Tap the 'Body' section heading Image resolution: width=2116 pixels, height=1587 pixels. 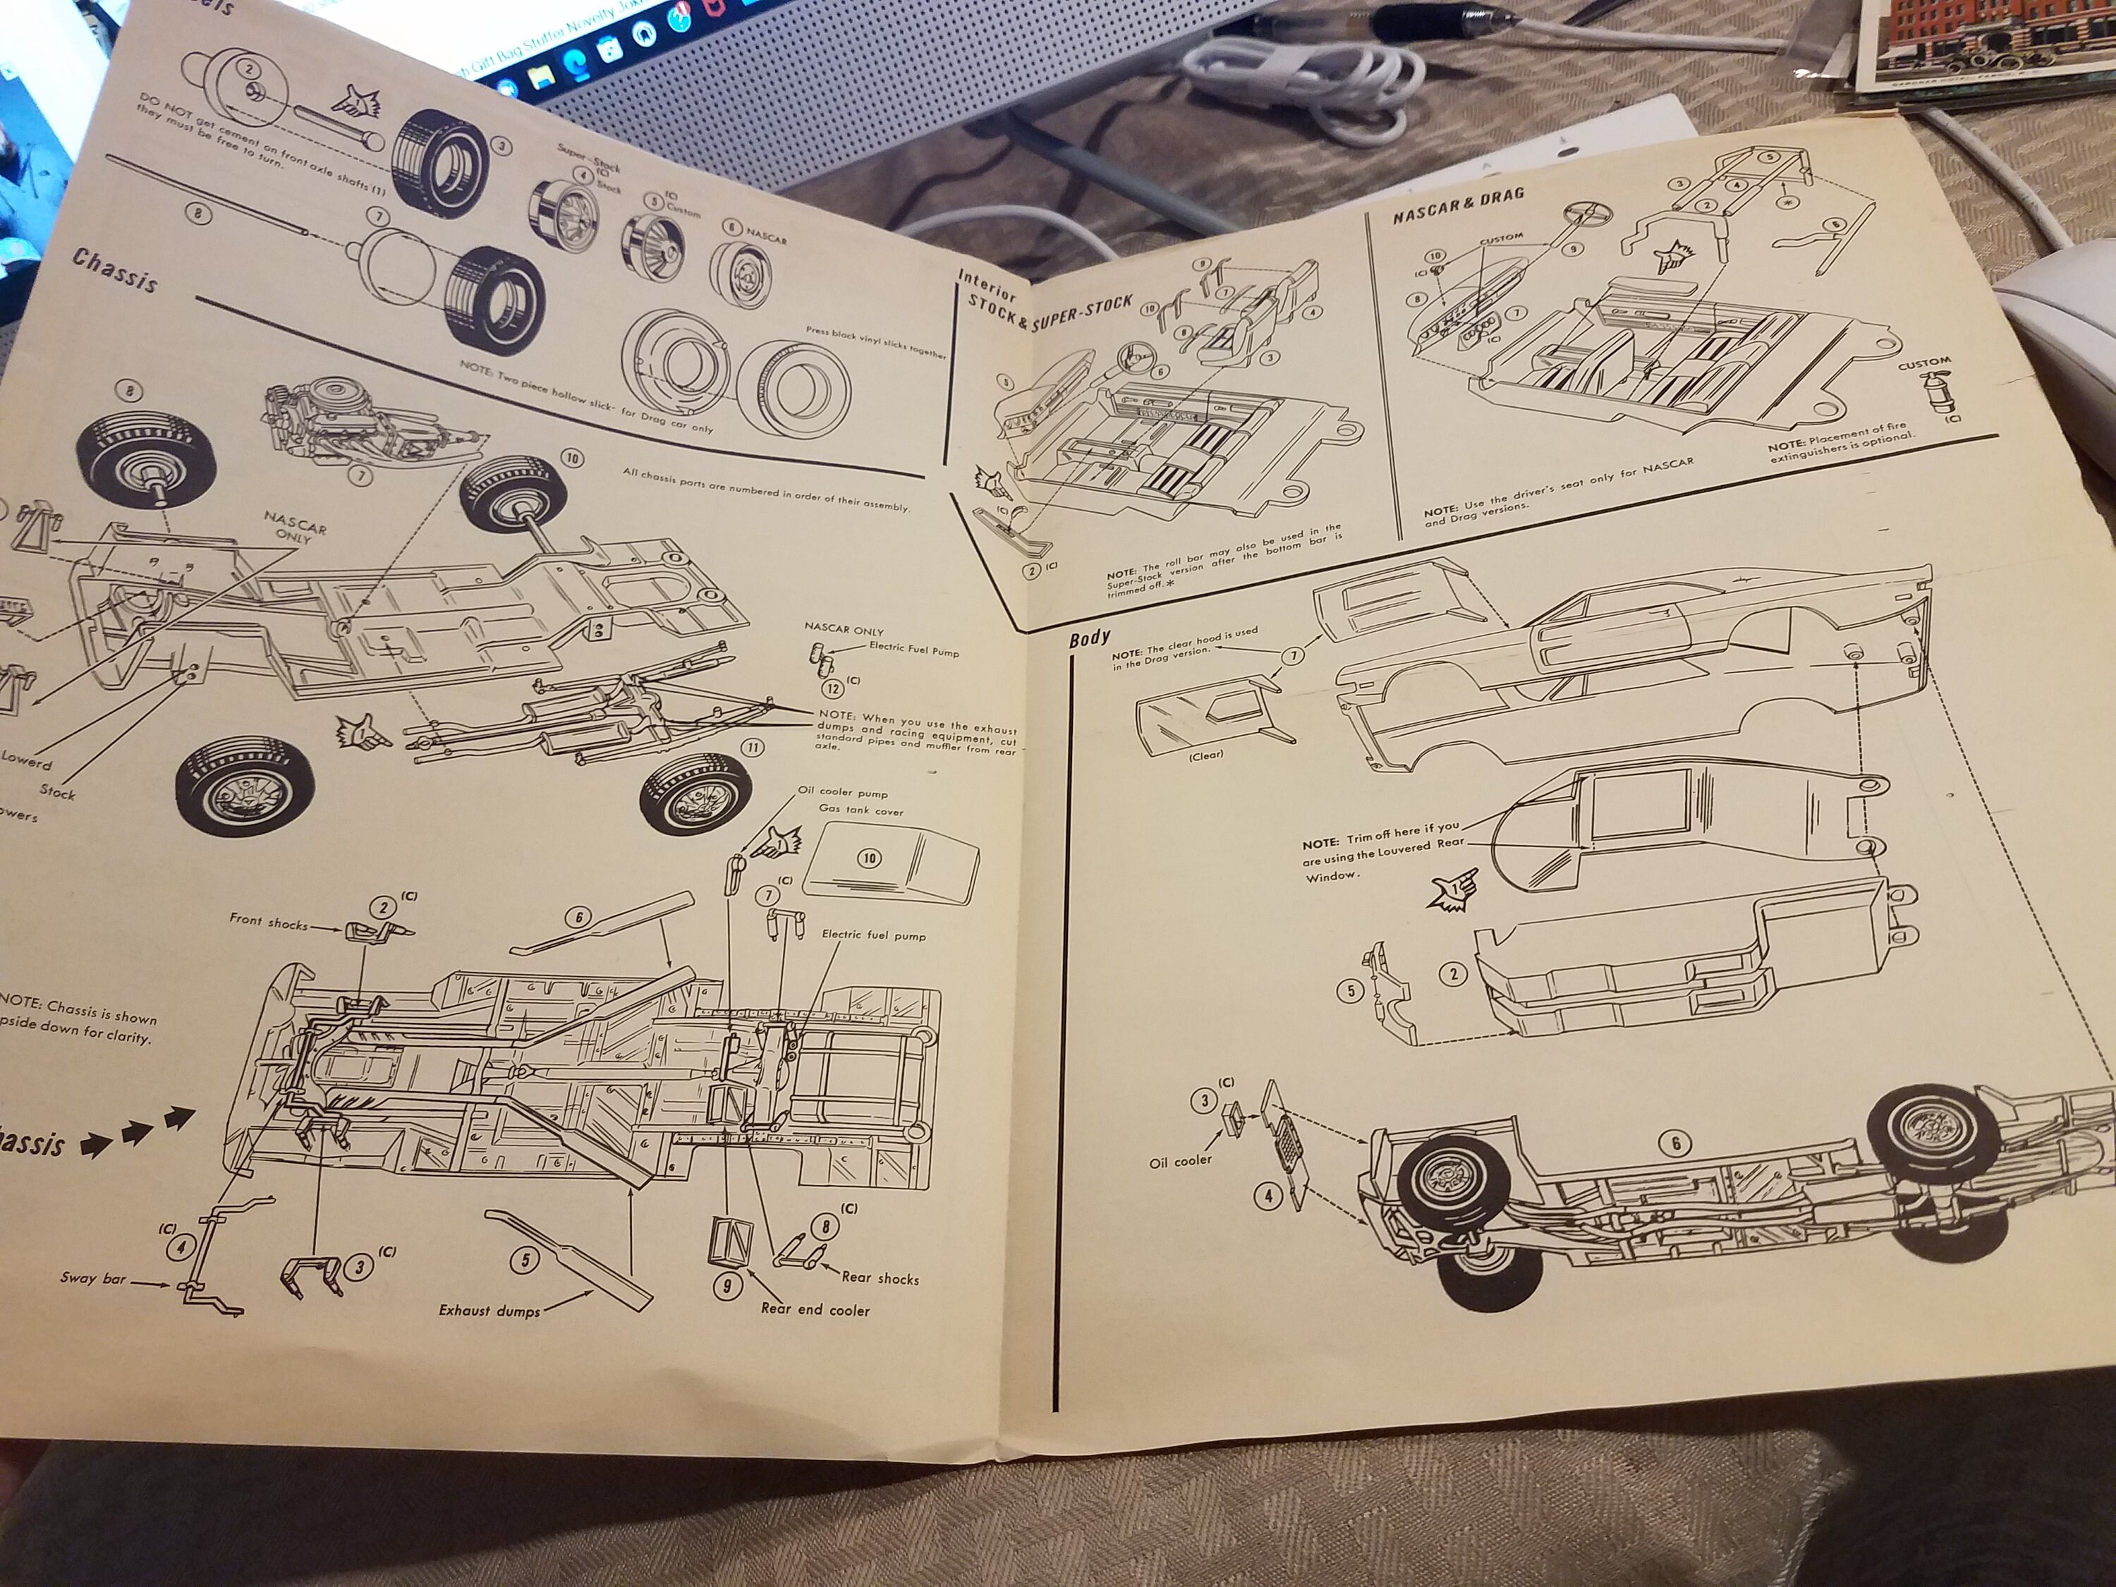(x=1090, y=638)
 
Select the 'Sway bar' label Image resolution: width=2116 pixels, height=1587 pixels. (x=93, y=1278)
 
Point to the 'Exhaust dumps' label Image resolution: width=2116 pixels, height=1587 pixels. (x=489, y=1310)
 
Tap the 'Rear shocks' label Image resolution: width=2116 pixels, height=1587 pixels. (x=880, y=1277)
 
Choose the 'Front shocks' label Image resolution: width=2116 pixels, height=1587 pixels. (x=268, y=921)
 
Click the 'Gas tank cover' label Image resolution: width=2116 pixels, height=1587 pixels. (x=861, y=810)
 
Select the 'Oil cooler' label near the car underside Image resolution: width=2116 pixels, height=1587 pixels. (x=1181, y=1160)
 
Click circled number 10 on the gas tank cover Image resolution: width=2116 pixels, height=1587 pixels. (x=868, y=858)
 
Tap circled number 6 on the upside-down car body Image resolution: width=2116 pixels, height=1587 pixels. (x=1674, y=1143)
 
